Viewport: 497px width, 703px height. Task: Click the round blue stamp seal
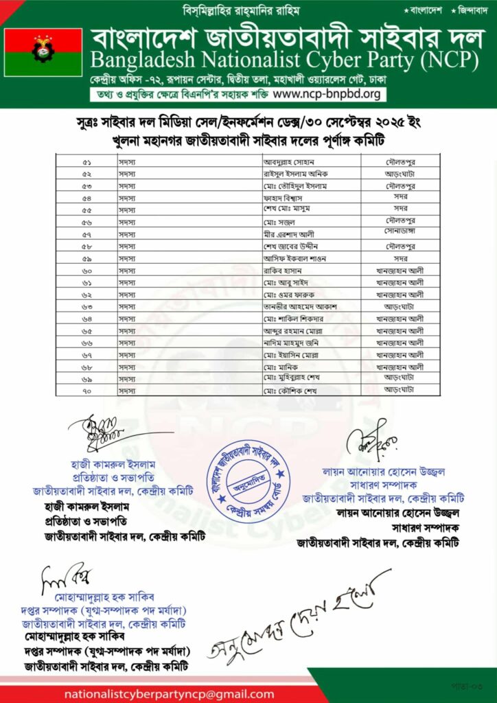[248, 478]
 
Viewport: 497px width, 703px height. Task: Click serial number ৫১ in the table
[87, 162]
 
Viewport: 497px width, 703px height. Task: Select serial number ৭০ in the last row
[87, 390]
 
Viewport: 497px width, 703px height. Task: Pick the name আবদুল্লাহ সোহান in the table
[288, 162]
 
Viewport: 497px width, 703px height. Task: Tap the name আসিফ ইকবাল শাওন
[294, 258]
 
